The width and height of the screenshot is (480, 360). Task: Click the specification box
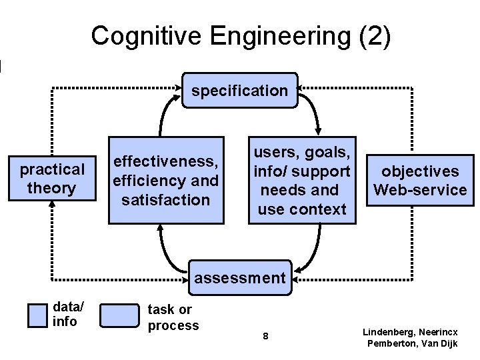239,90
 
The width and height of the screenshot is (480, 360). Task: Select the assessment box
239,277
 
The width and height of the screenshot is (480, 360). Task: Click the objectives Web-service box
420,181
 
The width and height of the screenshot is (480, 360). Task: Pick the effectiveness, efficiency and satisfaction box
165,180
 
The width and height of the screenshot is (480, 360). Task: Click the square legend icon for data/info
37,315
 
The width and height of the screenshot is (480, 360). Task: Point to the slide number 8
265,337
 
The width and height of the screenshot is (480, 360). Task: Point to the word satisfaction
166,199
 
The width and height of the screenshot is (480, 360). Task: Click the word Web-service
420,190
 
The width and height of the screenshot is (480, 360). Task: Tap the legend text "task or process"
173,317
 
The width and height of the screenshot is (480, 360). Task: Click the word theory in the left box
52,188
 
